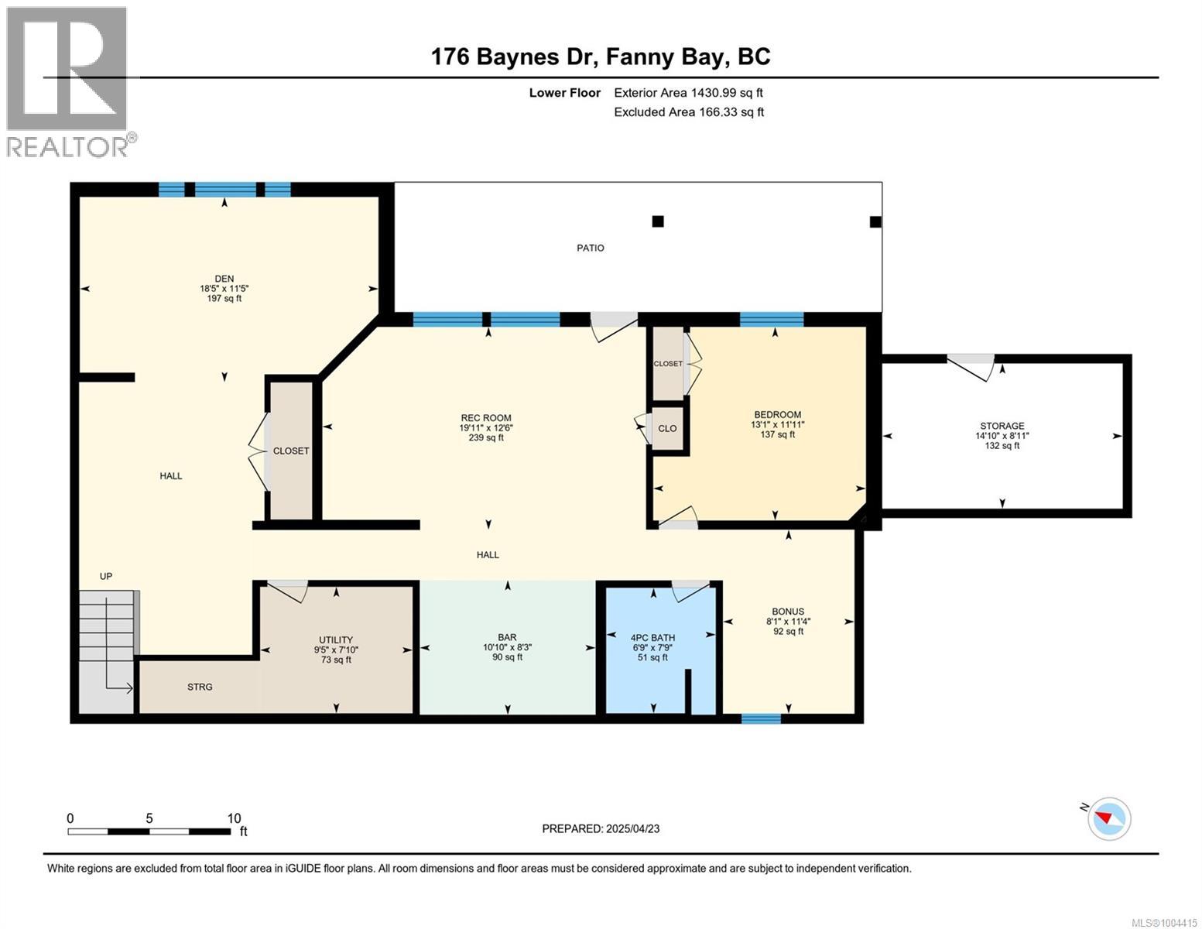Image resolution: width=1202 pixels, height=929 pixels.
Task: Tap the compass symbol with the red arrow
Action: (x=1108, y=818)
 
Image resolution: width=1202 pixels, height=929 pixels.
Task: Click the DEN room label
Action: (x=224, y=278)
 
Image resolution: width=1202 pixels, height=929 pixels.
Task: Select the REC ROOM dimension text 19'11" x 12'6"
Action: (x=485, y=427)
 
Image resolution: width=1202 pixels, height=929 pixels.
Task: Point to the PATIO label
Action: (x=591, y=248)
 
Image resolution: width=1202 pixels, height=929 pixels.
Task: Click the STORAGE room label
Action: (x=1002, y=426)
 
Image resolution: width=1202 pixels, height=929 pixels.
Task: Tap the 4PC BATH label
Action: (x=652, y=637)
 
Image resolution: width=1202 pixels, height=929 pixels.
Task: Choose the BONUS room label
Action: (x=788, y=612)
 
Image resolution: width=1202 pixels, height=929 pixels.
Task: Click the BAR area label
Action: (x=507, y=637)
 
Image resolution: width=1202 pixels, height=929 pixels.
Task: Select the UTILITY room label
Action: (x=336, y=639)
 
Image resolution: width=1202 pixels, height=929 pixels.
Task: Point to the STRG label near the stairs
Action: (x=200, y=687)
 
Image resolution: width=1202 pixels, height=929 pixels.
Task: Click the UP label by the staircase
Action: (x=106, y=576)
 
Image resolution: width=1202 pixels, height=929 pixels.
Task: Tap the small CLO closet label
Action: (x=667, y=428)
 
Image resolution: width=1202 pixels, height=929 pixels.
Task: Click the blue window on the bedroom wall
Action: (x=772, y=319)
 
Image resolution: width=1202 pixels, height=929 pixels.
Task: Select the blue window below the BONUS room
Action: (x=761, y=718)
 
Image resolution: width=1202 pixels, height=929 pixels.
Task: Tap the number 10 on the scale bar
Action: (x=234, y=818)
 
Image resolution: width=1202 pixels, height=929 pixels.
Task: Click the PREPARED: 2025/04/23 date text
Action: (x=600, y=828)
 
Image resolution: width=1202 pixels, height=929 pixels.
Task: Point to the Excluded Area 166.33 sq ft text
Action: (x=689, y=111)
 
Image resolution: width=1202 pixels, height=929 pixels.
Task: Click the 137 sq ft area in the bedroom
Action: (x=777, y=434)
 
